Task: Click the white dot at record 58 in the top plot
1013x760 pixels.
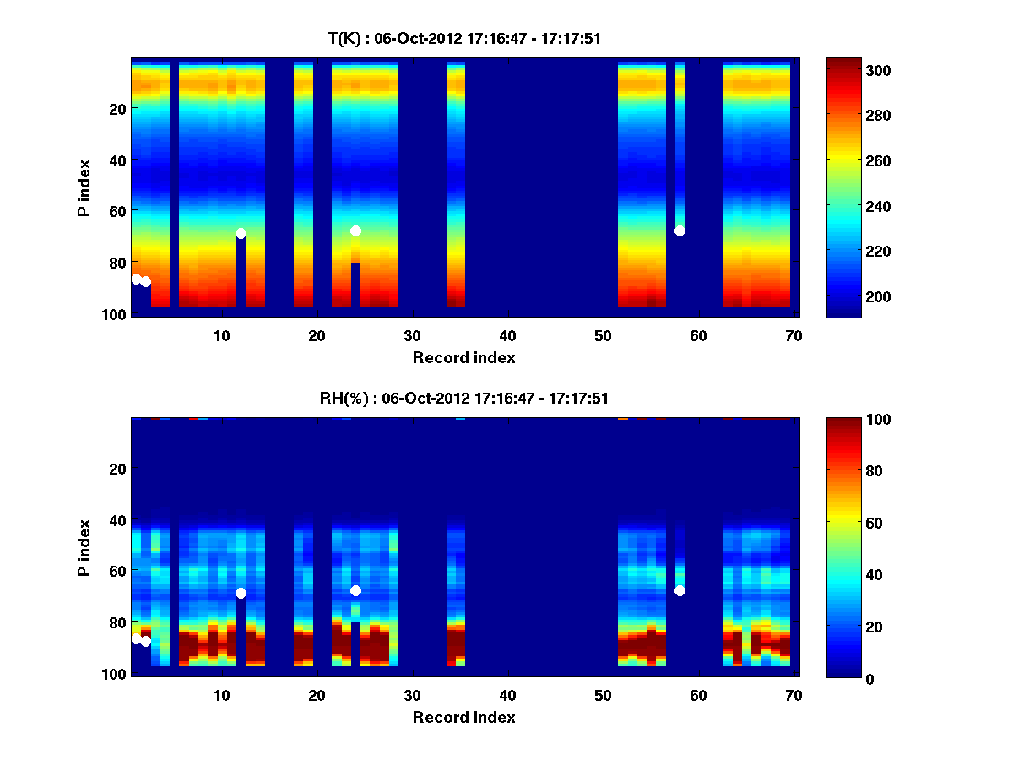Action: point(680,231)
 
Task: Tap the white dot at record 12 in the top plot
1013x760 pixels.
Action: point(241,233)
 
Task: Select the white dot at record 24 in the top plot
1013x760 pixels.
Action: point(355,231)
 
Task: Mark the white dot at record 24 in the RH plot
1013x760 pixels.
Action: point(355,590)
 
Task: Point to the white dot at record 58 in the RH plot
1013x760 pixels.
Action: point(680,590)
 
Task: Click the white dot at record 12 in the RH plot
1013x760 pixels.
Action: point(241,593)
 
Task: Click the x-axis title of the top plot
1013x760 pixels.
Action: point(463,357)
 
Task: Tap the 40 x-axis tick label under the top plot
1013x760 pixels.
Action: point(507,335)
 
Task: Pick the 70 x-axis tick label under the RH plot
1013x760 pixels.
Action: point(794,695)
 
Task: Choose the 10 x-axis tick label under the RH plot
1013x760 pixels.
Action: point(221,695)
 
